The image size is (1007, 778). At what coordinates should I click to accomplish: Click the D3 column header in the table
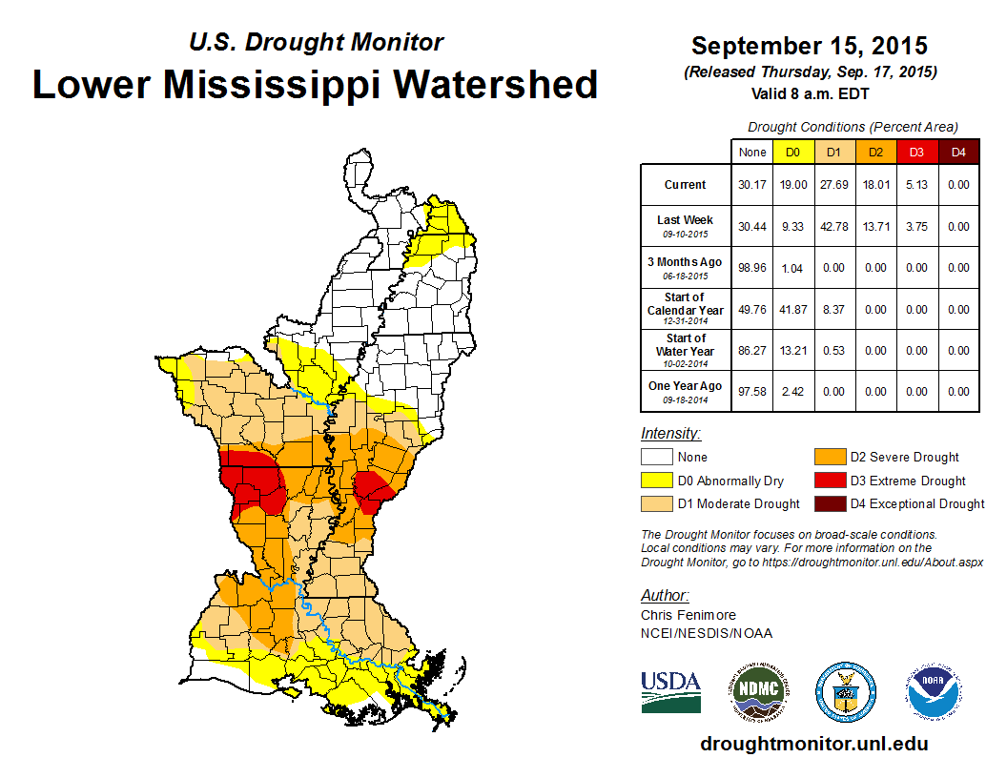click(x=916, y=152)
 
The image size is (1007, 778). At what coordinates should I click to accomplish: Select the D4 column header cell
click(x=958, y=152)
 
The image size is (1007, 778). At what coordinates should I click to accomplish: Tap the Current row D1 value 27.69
click(x=833, y=185)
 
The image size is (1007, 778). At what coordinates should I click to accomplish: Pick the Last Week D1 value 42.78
click(x=833, y=227)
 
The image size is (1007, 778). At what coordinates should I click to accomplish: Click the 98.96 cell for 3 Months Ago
click(x=751, y=269)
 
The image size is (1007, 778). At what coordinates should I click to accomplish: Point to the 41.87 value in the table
click(x=792, y=310)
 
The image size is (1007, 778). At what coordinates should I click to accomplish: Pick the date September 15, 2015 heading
click(x=810, y=46)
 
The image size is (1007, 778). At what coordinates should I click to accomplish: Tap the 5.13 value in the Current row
click(x=916, y=185)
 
